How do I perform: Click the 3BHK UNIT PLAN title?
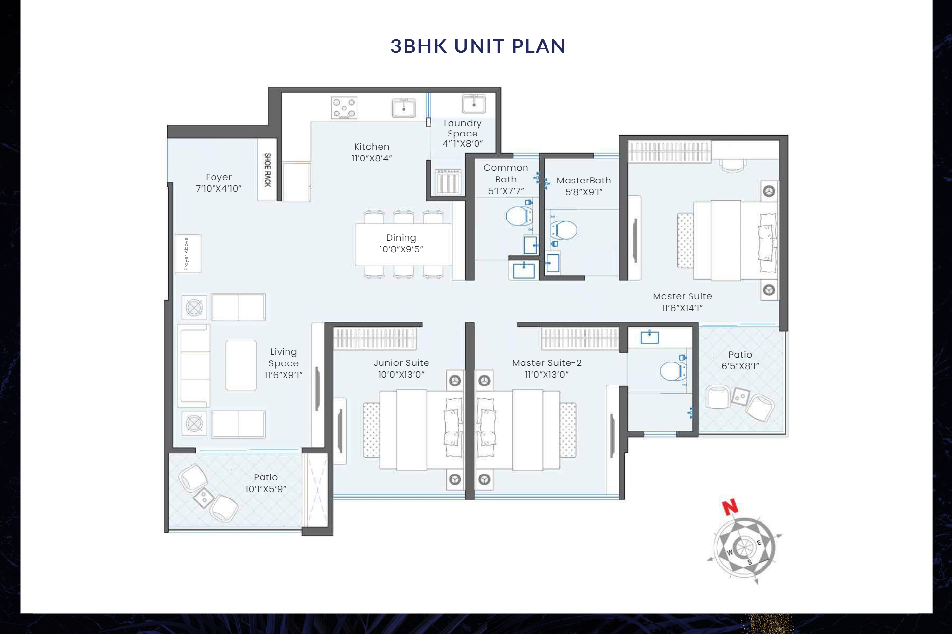click(477, 46)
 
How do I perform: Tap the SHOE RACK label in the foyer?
click(267, 170)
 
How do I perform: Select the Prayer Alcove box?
click(188, 254)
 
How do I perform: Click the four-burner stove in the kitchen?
click(344, 108)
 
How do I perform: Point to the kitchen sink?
click(404, 108)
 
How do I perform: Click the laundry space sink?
click(474, 104)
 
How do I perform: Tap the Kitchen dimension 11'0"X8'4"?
click(372, 158)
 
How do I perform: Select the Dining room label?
click(401, 238)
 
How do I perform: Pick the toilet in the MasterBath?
click(564, 229)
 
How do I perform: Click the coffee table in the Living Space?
click(241, 365)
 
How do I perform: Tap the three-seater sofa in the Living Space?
click(194, 365)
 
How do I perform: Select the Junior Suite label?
click(401, 363)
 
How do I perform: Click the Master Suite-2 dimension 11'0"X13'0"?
click(547, 375)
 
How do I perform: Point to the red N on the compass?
click(730, 507)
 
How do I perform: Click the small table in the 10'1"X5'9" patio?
click(203, 499)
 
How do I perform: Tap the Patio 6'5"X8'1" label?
click(740, 355)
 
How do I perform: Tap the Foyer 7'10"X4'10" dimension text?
click(218, 189)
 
